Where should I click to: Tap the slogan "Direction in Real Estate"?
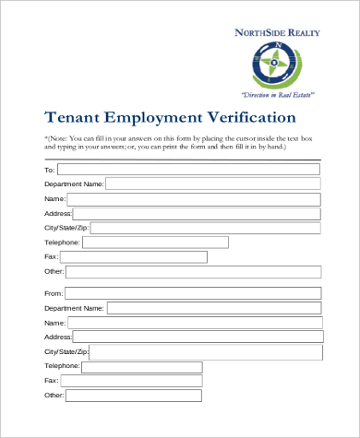point(278,95)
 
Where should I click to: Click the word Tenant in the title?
point(74,118)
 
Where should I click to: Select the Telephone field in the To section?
point(155,243)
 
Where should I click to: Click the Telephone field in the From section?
point(142,366)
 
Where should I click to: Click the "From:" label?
point(53,293)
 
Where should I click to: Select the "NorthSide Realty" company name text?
point(278,32)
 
